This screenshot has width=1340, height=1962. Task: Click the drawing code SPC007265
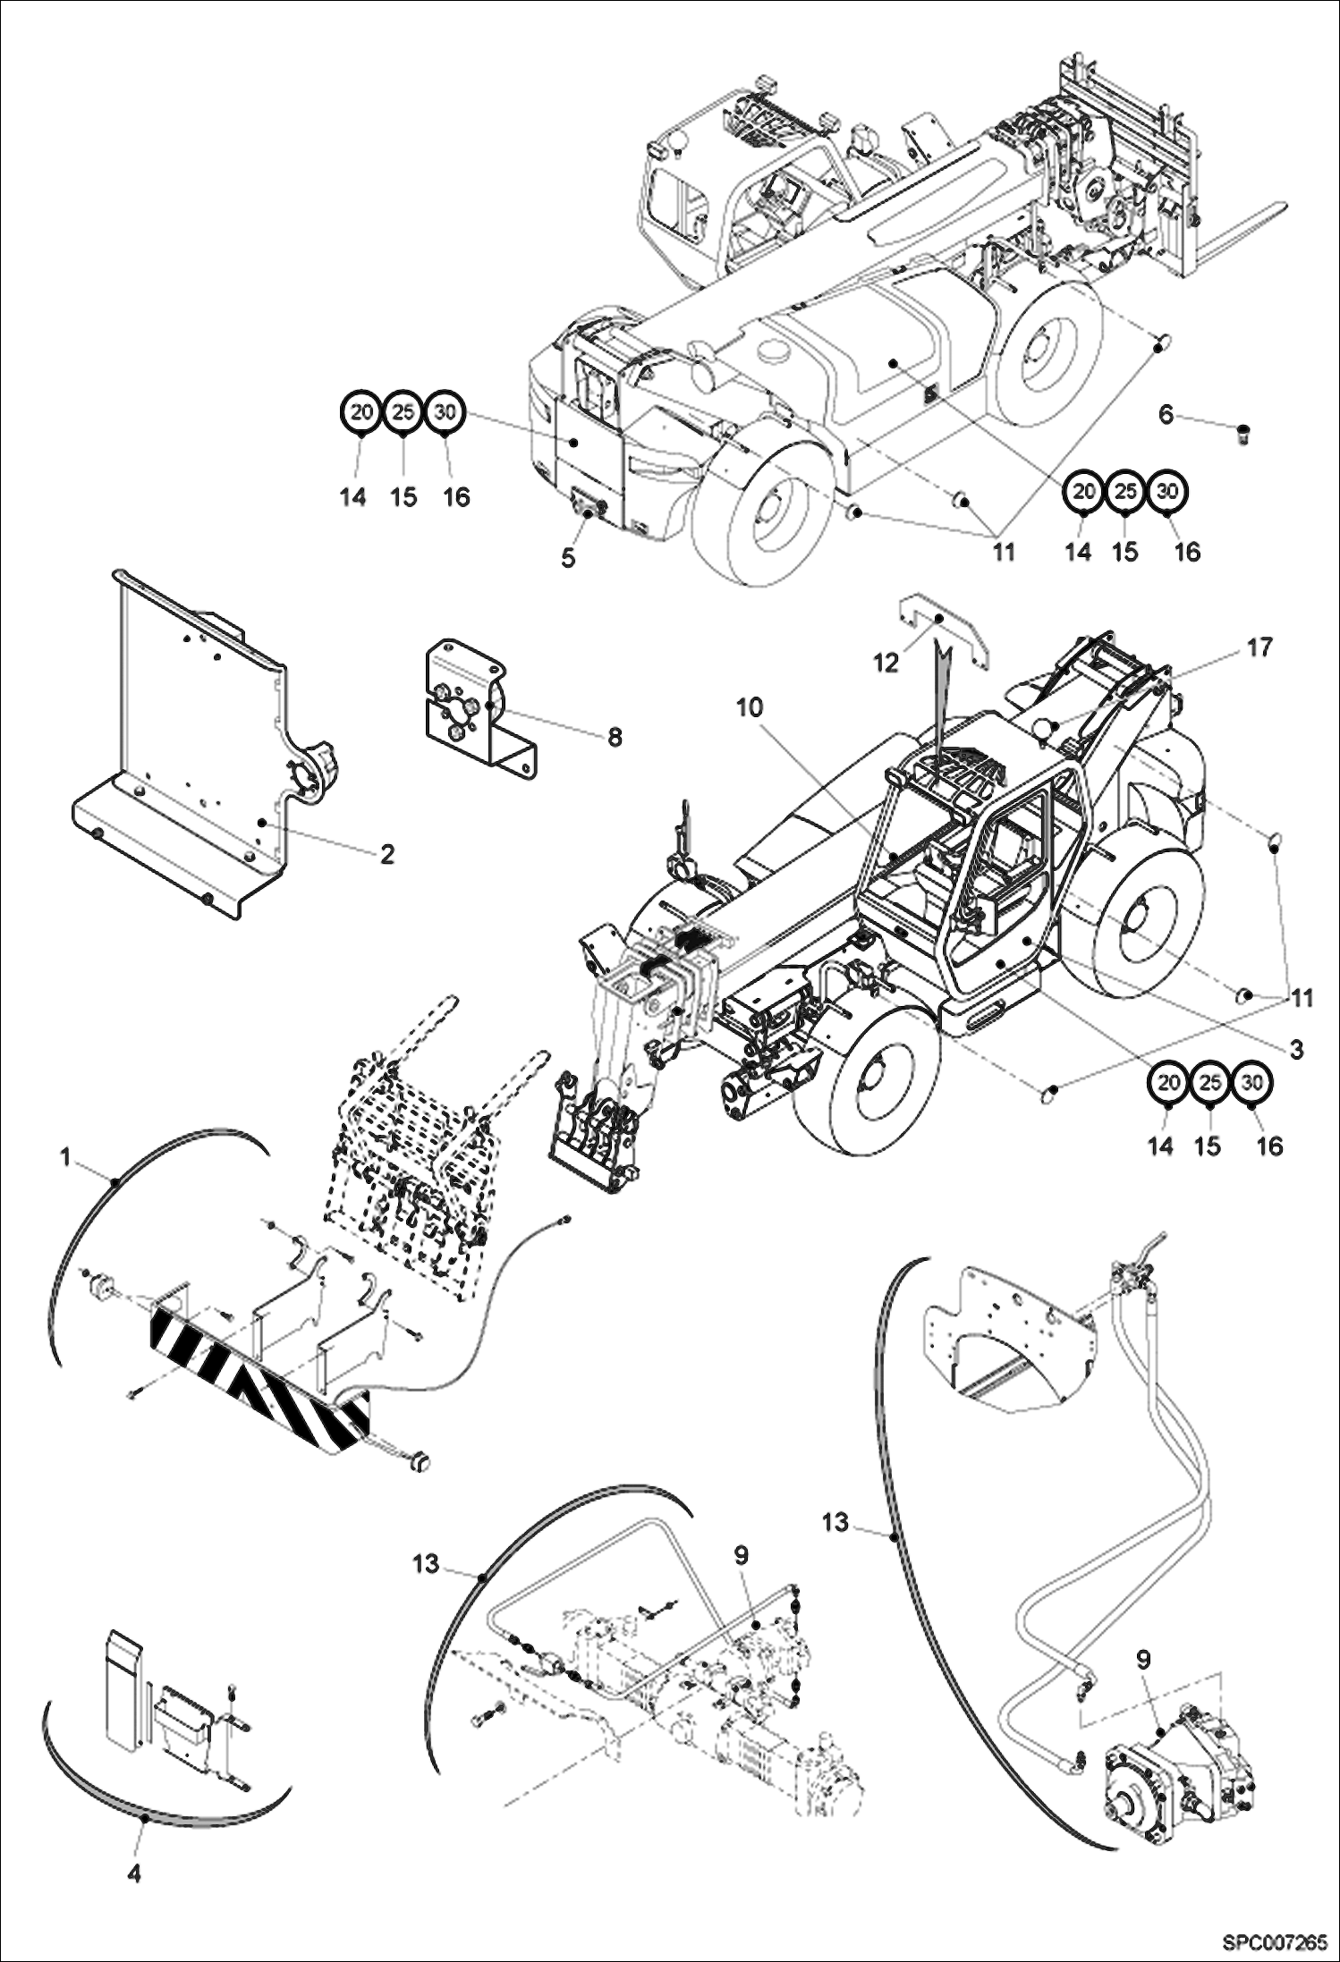coord(1276,1941)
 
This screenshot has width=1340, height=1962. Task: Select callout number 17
coord(1259,647)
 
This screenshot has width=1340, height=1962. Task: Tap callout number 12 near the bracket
coord(886,664)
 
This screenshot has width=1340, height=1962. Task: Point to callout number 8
coord(615,737)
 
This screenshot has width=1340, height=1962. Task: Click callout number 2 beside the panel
coord(386,854)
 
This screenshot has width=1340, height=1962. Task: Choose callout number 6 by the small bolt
coord(1166,415)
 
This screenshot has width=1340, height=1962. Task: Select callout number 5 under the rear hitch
coord(569,558)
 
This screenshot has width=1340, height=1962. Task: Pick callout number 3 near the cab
coord(1296,1049)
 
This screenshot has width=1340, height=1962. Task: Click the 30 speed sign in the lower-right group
coord(1252,1083)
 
